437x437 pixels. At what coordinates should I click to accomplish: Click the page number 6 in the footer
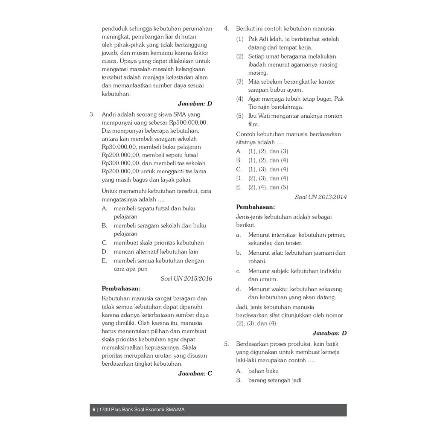click(x=94, y=410)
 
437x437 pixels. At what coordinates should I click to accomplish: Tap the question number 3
click(x=92, y=114)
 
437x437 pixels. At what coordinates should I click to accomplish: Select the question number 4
click(x=226, y=29)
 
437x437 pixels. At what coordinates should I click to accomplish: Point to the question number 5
click(x=226, y=344)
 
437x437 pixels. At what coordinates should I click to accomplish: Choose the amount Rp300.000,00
click(x=121, y=163)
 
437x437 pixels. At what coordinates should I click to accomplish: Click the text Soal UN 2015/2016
click(x=186, y=279)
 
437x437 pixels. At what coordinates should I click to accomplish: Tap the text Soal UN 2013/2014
click(x=320, y=197)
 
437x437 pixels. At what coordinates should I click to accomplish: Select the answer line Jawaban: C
click(x=195, y=373)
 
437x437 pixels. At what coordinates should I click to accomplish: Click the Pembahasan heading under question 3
click(x=121, y=288)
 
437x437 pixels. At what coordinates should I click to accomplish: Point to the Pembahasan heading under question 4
click(x=255, y=207)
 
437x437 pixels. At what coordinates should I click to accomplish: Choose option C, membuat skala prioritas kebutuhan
click(x=158, y=243)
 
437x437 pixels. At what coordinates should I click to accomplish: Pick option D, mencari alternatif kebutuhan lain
click(x=156, y=252)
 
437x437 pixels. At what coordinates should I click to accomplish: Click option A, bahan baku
click(x=263, y=371)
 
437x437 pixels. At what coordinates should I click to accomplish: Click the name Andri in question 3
click(x=109, y=114)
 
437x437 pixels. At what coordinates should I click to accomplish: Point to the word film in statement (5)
click(x=253, y=125)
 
